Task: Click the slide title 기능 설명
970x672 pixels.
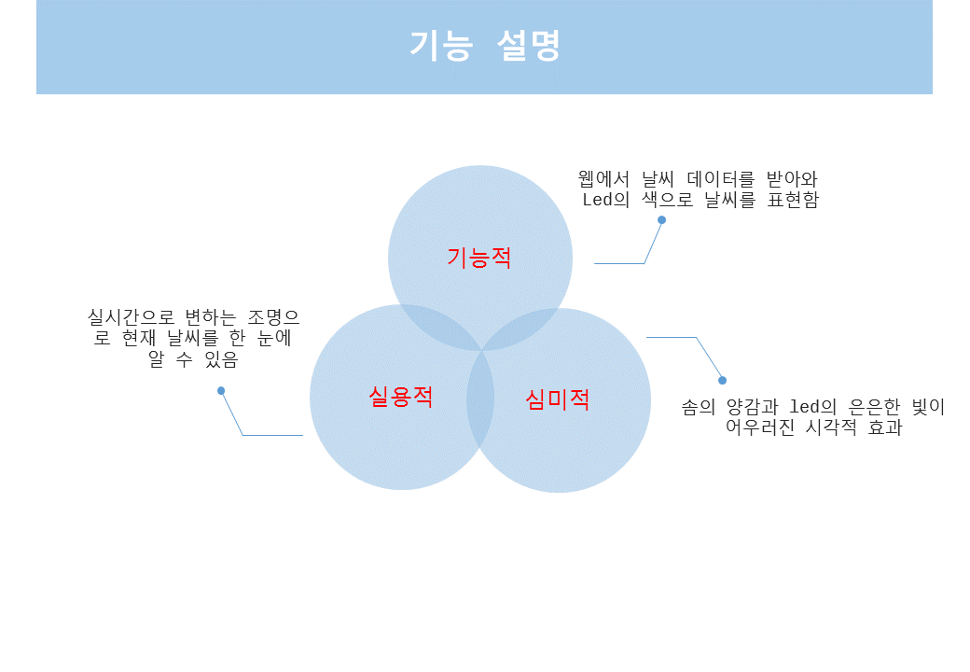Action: (x=484, y=46)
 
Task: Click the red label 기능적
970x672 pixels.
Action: (x=479, y=258)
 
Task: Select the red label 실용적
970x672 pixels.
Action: (x=401, y=397)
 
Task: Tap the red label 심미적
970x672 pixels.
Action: (x=558, y=399)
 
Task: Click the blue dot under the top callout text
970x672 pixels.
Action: (x=661, y=220)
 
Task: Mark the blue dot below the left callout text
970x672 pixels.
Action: (x=221, y=391)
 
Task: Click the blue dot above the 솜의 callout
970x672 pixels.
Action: (x=722, y=380)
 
